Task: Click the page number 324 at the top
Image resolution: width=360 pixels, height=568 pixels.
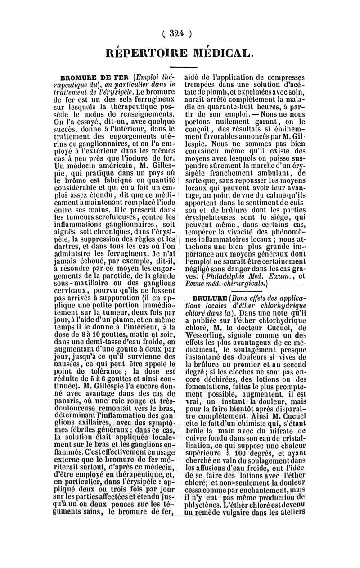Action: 180,33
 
